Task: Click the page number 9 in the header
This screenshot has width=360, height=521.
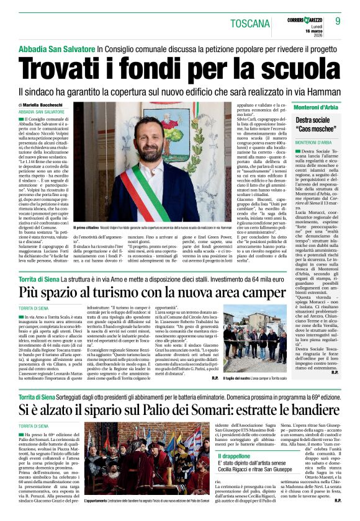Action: (x=346, y=23)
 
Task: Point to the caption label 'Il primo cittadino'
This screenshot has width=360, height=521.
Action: (x=87, y=229)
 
